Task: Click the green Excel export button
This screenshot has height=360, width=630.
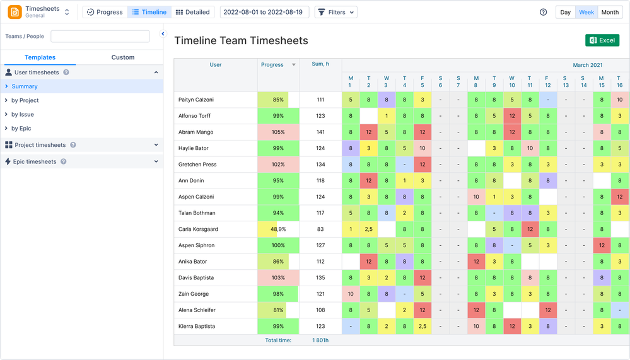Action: [x=602, y=40]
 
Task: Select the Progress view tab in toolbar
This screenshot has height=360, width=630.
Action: [x=105, y=12]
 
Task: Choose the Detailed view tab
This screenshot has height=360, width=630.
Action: [x=192, y=12]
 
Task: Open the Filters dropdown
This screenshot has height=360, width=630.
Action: [x=335, y=12]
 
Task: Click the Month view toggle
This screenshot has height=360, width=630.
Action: [x=610, y=12]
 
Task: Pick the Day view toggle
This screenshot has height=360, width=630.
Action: [x=565, y=12]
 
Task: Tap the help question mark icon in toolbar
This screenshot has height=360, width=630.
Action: [x=544, y=12]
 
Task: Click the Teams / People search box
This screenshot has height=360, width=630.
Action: [x=100, y=37]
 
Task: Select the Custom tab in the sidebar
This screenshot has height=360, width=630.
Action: [x=123, y=57]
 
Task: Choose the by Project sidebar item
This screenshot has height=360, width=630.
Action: [x=25, y=100]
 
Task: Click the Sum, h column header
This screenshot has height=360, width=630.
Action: [x=320, y=64]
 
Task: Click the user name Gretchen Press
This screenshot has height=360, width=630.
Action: [x=197, y=165]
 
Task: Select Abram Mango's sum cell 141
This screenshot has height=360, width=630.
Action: [x=320, y=132]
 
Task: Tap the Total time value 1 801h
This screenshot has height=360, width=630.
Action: [x=320, y=340]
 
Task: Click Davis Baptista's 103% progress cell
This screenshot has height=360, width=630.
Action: [x=278, y=278]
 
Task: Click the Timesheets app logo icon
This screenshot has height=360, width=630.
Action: [x=15, y=12]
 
